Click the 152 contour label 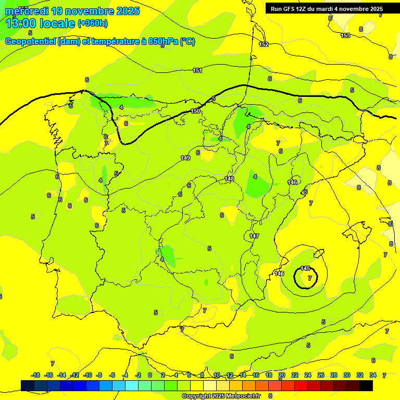click(x=264, y=44)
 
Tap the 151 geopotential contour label click(x=197, y=70)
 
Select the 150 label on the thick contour click(x=195, y=111)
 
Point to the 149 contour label click(x=185, y=158)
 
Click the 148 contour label click(x=229, y=179)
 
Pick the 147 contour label click(x=254, y=236)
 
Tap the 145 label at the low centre click(x=306, y=268)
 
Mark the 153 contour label click(x=345, y=35)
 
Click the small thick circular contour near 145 click(x=295, y=277)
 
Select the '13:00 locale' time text click(x=40, y=23)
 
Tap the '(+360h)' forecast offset click(x=93, y=23)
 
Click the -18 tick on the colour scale click(x=35, y=375)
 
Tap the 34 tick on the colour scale click(x=372, y=375)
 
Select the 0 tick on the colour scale click(x=150, y=375)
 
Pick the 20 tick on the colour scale click(x=281, y=375)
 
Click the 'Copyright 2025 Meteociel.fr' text click(x=221, y=396)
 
